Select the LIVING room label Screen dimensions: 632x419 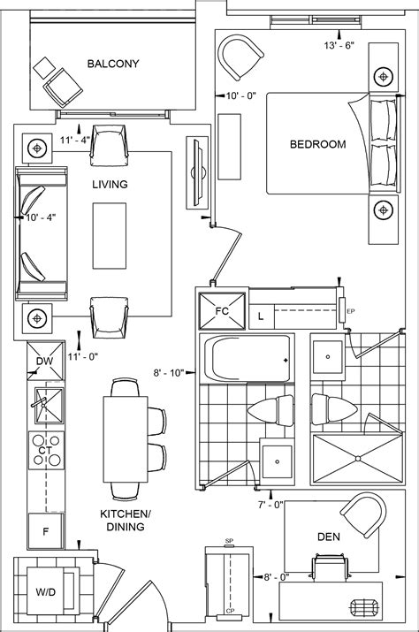(x=110, y=185)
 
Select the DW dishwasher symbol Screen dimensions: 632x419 (x=44, y=362)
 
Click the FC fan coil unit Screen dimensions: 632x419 (x=221, y=310)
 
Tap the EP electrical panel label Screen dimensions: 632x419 (x=351, y=311)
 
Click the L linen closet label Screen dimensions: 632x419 (x=261, y=315)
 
